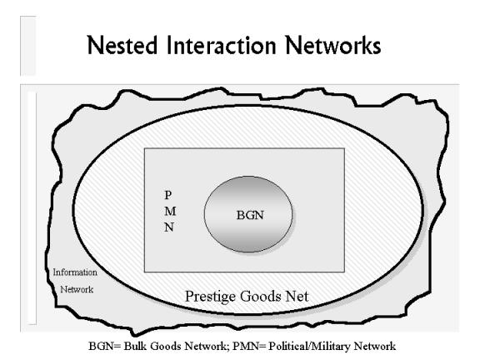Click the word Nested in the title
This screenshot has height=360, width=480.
tap(122, 45)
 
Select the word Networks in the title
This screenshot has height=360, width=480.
tap(333, 45)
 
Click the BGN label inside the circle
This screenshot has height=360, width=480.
tap(250, 215)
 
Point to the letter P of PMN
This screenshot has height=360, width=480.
tap(168, 195)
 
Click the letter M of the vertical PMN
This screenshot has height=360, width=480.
tap(170, 211)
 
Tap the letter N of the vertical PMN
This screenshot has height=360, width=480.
tap(169, 227)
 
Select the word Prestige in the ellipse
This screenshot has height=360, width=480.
tap(210, 297)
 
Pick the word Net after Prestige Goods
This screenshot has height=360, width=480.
tap(297, 297)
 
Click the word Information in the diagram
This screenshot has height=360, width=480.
tap(75, 272)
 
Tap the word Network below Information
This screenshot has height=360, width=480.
tap(77, 289)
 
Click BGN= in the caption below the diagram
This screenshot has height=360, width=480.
tap(105, 346)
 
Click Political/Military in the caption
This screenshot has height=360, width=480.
tap(309, 347)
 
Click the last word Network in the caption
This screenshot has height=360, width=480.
tap(375, 346)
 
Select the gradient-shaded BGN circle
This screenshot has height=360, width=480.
tap(248, 214)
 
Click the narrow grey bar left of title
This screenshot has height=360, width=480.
tap(28, 46)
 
